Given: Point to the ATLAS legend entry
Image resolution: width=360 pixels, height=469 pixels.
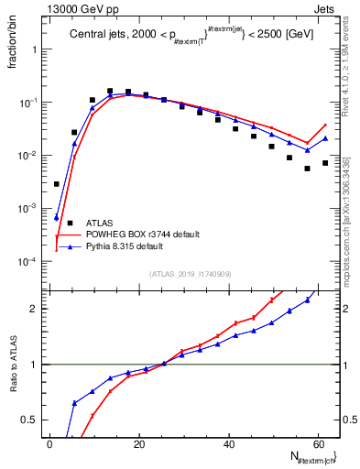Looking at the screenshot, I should pyautogui.click(x=99, y=223).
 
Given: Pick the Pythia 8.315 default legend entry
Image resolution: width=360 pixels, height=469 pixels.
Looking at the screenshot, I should pyautogui.click(x=131, y=246).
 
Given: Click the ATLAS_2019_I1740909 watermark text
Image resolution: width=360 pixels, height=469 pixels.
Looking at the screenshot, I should pyautogui.click(x=191, y=274).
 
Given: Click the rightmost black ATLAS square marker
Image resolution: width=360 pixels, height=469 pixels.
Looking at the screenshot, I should pyautogui.click(x=325, y=163).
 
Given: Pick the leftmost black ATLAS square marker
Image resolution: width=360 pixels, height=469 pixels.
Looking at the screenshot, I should pyautogui.click(x=57, y=184).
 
